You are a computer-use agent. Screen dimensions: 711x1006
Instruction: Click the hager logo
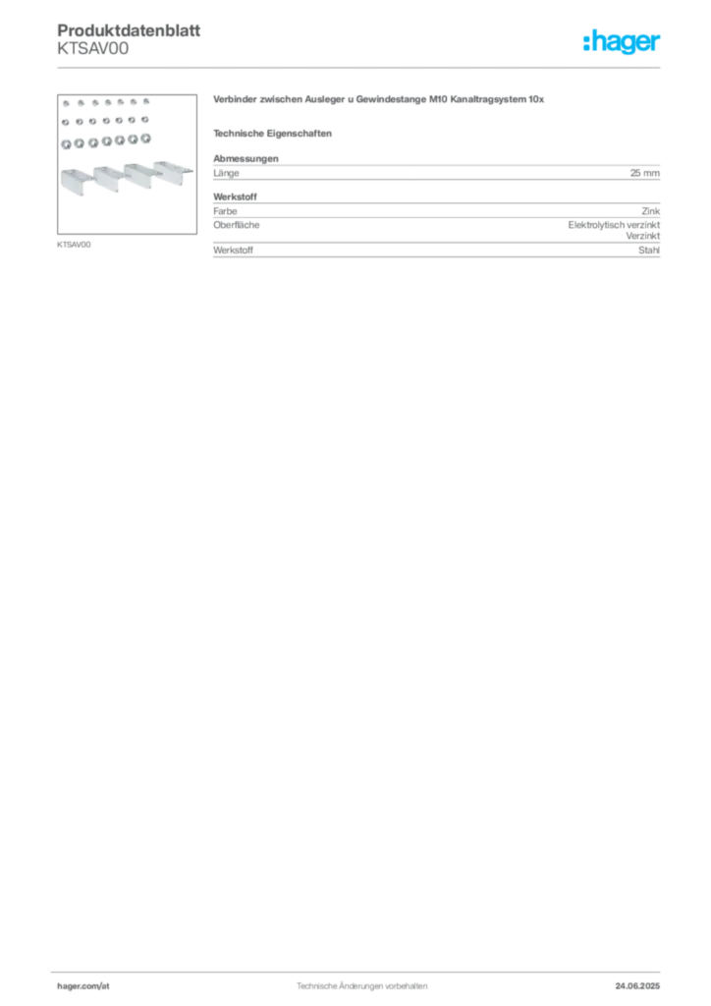click(x=622, y=42)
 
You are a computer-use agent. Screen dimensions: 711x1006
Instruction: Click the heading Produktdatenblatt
click(x=129, y=30)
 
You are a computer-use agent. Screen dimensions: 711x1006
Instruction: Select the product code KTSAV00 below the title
click(x=93, y=49)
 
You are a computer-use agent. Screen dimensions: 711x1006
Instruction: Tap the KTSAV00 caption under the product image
click(x=74, y=245)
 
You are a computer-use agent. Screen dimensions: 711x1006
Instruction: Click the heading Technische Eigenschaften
click(x=272, y=134)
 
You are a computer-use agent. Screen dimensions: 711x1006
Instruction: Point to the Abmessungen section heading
click(x=246, y=158)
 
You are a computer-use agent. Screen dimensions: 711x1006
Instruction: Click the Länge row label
click(x=226, y=173)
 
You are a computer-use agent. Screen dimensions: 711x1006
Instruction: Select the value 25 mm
click(x=645, y=173)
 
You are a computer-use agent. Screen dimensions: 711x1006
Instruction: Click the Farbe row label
click(x=225, y=211)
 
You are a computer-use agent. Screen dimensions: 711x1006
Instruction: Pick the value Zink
click(x=651, y=211)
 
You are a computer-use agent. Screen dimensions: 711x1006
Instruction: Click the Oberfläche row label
click(x=237, y=225)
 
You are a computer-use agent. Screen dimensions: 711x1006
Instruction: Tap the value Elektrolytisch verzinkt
click(x=614, y=225)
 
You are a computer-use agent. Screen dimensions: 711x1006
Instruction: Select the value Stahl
click(x=649, y=251)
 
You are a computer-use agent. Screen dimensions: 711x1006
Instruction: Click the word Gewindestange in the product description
click(x=391, y=99)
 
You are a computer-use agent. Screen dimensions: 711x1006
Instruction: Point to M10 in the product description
click(x=438, y=99)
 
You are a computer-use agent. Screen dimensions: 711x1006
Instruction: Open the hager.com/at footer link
click(x=83, y=986)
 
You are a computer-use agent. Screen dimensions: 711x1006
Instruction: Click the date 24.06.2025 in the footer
click(x=637, y=986)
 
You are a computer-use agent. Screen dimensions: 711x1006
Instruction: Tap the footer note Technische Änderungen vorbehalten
click(x=361, y=986)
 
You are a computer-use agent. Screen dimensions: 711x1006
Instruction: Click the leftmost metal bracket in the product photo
click(x=78, y=181)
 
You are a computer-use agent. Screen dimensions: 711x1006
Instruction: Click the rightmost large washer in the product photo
click(x=145, y=139)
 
